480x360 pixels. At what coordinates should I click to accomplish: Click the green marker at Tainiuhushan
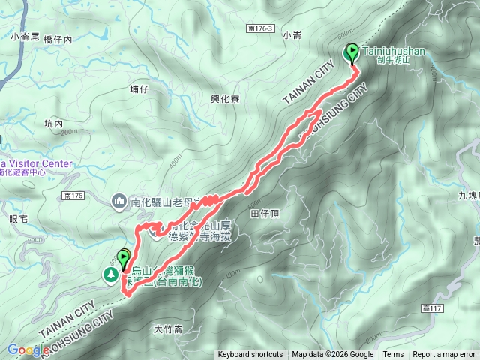pos(352,52)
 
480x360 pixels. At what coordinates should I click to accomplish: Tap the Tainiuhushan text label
pos(393,51)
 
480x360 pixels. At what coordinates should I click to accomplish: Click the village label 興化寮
pos(227,97)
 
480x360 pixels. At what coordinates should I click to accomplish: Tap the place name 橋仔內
pos(58,40)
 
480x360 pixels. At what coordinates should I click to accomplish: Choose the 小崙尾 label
pos(25,35)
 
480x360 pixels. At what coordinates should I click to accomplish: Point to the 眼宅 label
pos(18,218)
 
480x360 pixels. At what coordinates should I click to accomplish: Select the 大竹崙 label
pos(169,328)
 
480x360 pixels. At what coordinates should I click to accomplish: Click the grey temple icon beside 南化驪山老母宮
pos(119,201)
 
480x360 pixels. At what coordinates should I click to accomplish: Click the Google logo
pos(28,349)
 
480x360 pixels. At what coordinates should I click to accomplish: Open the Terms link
pos(393,355)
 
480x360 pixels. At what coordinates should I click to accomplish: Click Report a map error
pos(444,355)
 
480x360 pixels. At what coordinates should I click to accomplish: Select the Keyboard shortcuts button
pos(250,355)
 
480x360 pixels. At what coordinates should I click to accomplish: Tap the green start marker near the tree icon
pos(123,259)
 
